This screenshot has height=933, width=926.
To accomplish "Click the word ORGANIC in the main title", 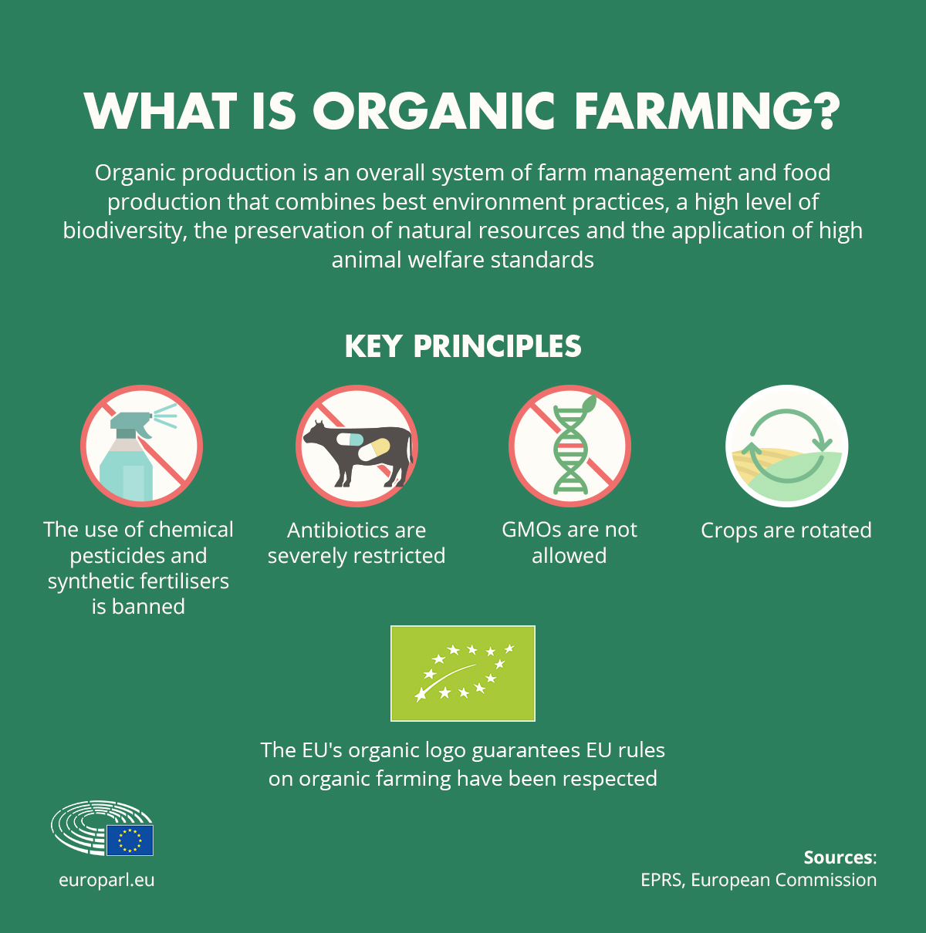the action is click(434, 111).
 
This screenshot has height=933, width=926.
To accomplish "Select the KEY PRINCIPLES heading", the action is click(463, 346).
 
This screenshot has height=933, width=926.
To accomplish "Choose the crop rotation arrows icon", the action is click(786, 446).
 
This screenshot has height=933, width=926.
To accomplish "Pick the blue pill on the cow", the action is click(350, 440).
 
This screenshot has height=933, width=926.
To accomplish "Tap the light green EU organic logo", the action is click(463, 673).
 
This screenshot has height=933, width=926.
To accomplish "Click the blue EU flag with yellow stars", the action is click(130, 840).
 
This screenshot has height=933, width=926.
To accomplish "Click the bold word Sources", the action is click(840, 857).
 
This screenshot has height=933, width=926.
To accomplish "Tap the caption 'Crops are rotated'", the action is click(786, 530).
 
